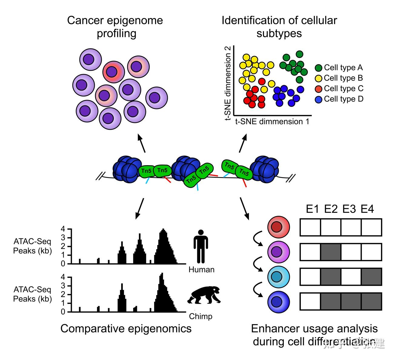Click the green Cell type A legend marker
click(318, 68)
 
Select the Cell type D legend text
click(344, 99)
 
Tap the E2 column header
click(331, 209)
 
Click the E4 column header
click(367, 209)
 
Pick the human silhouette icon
click(201, 246)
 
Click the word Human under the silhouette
click(201, 269)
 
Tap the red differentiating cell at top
click(279, 227)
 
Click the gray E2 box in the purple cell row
click(331, 252)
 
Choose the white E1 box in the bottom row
click(310, 301)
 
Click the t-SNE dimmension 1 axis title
click(272, 122)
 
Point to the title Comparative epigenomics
click(126, 328)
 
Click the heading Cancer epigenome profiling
click(115, 27)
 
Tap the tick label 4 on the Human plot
click(63, 229)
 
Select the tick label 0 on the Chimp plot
click(63, 312)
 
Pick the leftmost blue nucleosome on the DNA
click(127, 169)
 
